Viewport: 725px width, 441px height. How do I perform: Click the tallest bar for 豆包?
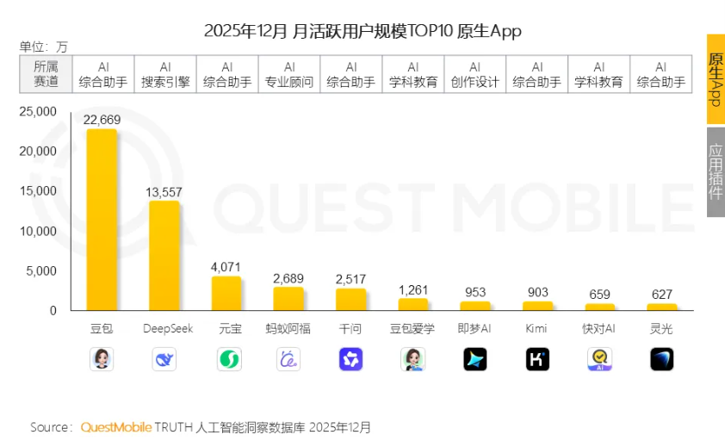(x=102, y=220)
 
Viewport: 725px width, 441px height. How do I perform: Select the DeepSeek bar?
(x=164, y=256)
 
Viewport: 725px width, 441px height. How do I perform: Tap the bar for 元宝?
(x=226, y=294)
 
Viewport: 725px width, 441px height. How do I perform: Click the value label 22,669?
(x=102, y=121)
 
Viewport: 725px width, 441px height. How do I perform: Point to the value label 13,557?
(x=164, y=192)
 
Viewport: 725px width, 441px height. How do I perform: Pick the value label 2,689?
(x=288, y=278)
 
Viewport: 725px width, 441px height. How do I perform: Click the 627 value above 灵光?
(x=661, y=295)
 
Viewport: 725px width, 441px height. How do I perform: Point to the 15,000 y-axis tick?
(x=40, y=191)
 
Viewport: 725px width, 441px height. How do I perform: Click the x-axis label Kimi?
(x=536, y=329)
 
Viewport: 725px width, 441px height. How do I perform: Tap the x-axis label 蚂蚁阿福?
(x=288, y=329)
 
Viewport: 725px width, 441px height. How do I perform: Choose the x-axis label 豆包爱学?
(x=412, y=329)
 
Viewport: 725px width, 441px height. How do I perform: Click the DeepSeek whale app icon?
(x=164, y=359)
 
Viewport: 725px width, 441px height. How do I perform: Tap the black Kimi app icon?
(x=537, y=359)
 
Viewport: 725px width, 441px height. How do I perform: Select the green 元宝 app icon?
(x=227, y=359)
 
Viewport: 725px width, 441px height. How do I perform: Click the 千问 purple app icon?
(x=350, y=359)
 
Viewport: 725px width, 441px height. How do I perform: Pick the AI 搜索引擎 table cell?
(x=164, y=75)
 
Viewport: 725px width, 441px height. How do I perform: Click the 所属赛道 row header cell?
(x=46, y=75)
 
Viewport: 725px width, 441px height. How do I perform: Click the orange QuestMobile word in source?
(x=116, y=427)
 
